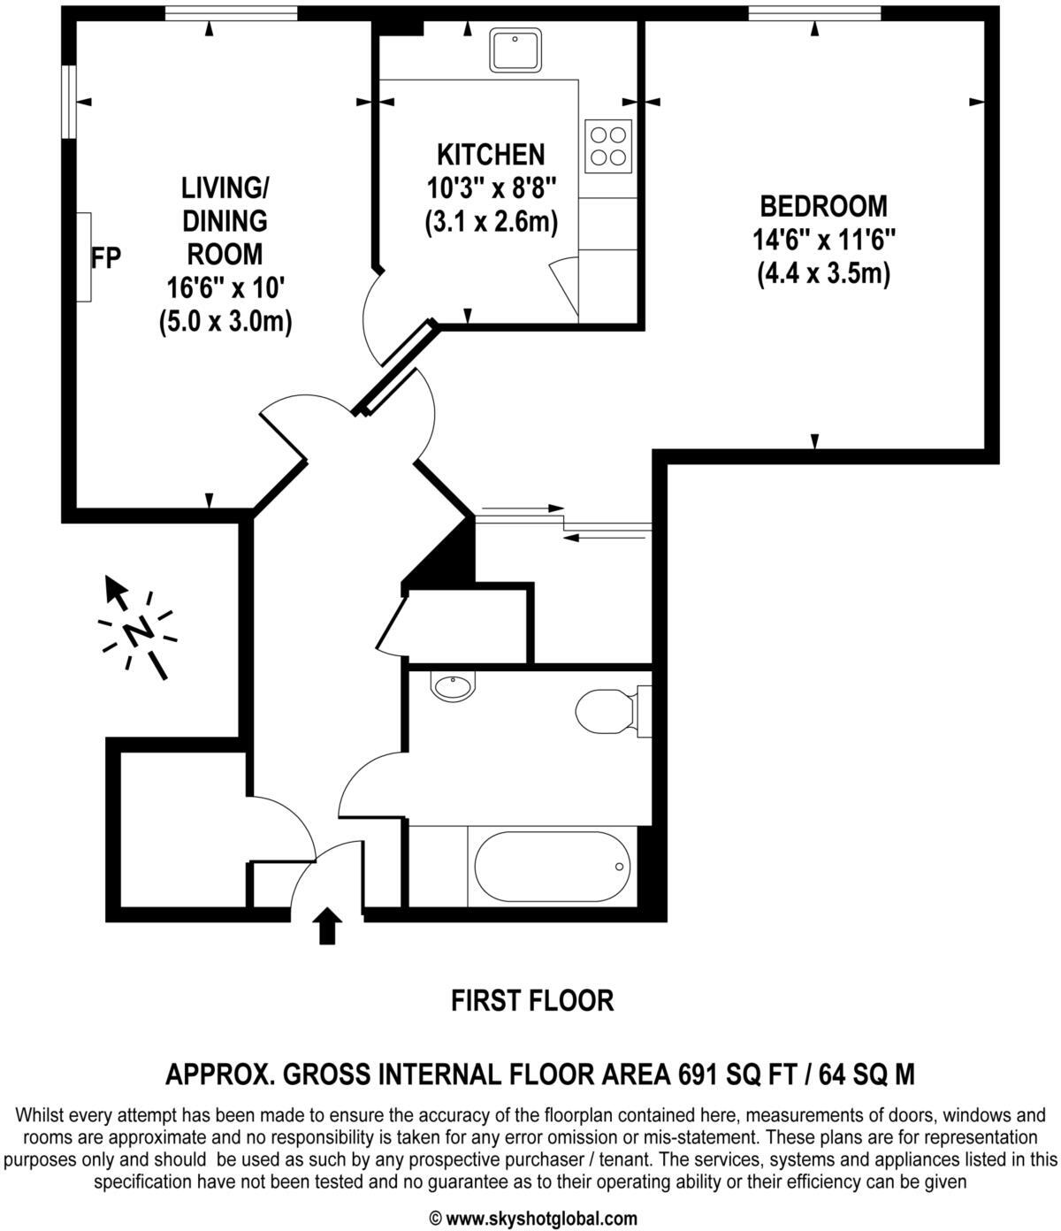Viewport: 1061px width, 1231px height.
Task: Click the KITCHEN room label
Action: click(x=491, y=155)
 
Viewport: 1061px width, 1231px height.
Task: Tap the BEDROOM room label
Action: click(x=823, y=206)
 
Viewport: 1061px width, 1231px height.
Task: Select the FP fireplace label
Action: click(x=106, y=257)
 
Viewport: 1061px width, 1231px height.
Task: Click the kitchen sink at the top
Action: click(x=516, y=50)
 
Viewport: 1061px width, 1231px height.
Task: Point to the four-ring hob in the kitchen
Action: click(x=608, y=146)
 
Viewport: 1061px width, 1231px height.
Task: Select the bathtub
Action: click(x=553, y=867)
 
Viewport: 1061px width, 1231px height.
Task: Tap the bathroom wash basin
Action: click(x=453, y=685)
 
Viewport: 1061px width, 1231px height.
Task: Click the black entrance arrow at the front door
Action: click(x=328, y=925)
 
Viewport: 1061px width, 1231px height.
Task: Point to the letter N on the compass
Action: click(x=138, y=631)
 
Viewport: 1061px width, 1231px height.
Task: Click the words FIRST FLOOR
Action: click(x=531, y=1001)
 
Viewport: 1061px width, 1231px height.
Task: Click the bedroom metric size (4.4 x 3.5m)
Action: click(x=823, y=274)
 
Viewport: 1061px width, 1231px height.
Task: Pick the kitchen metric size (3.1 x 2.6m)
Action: click(x=491, y=221)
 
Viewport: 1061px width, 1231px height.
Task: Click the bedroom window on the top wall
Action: click(x=814, y=12)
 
